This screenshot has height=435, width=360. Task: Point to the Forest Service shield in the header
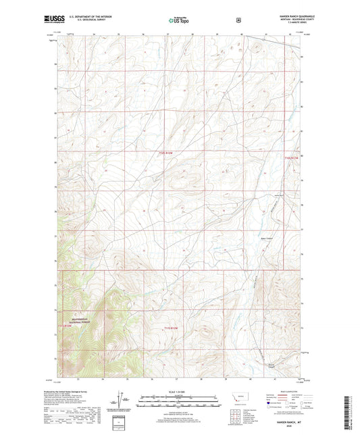click(238, 20)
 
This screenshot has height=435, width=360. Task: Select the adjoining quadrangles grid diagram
click(241, 418)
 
